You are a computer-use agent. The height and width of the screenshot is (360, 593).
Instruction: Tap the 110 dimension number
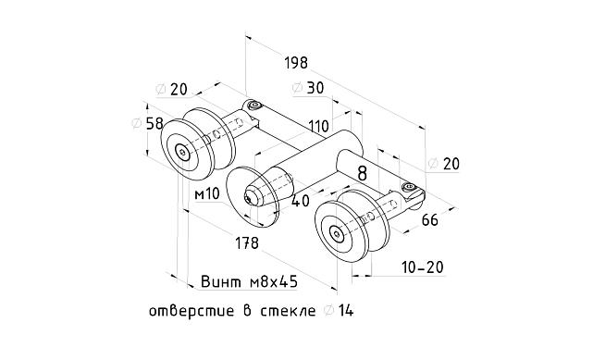click(318, 125)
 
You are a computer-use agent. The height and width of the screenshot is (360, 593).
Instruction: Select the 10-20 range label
click(422, 267)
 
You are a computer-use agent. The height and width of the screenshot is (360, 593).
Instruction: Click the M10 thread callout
click(207, 193)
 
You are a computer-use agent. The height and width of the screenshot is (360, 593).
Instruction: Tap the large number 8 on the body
click(362, 171)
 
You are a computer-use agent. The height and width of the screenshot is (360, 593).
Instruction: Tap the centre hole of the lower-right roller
click(339, 233)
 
